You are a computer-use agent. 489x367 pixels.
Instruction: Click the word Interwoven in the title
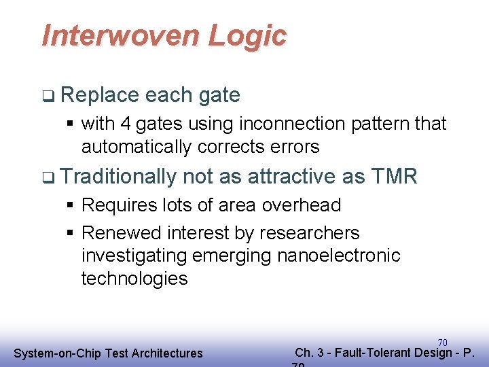[121, 35]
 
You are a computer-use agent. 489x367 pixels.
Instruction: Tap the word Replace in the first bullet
[99, 95]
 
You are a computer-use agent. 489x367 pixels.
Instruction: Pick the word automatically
[137, 146]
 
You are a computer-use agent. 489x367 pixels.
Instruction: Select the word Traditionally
[119, 177]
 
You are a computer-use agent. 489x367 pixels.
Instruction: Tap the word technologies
[134, 279]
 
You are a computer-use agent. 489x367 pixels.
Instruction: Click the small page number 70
[442, 343]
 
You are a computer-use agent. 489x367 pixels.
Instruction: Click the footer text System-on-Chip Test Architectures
[109, 353]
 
